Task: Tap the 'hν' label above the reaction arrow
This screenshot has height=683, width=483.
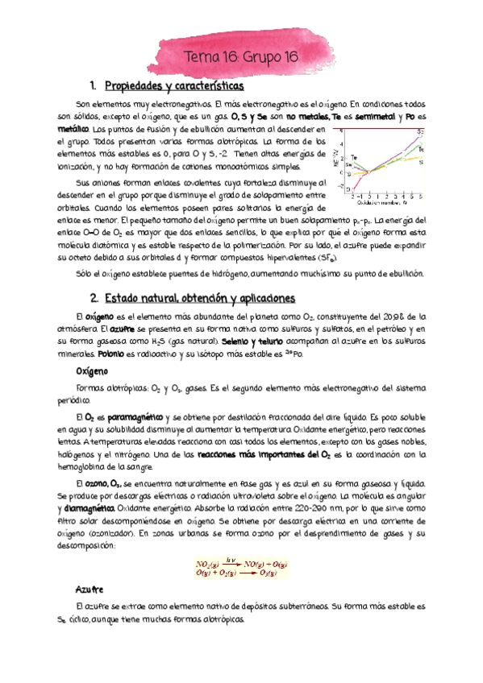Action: pyautogui.click(x=232, y=537)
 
